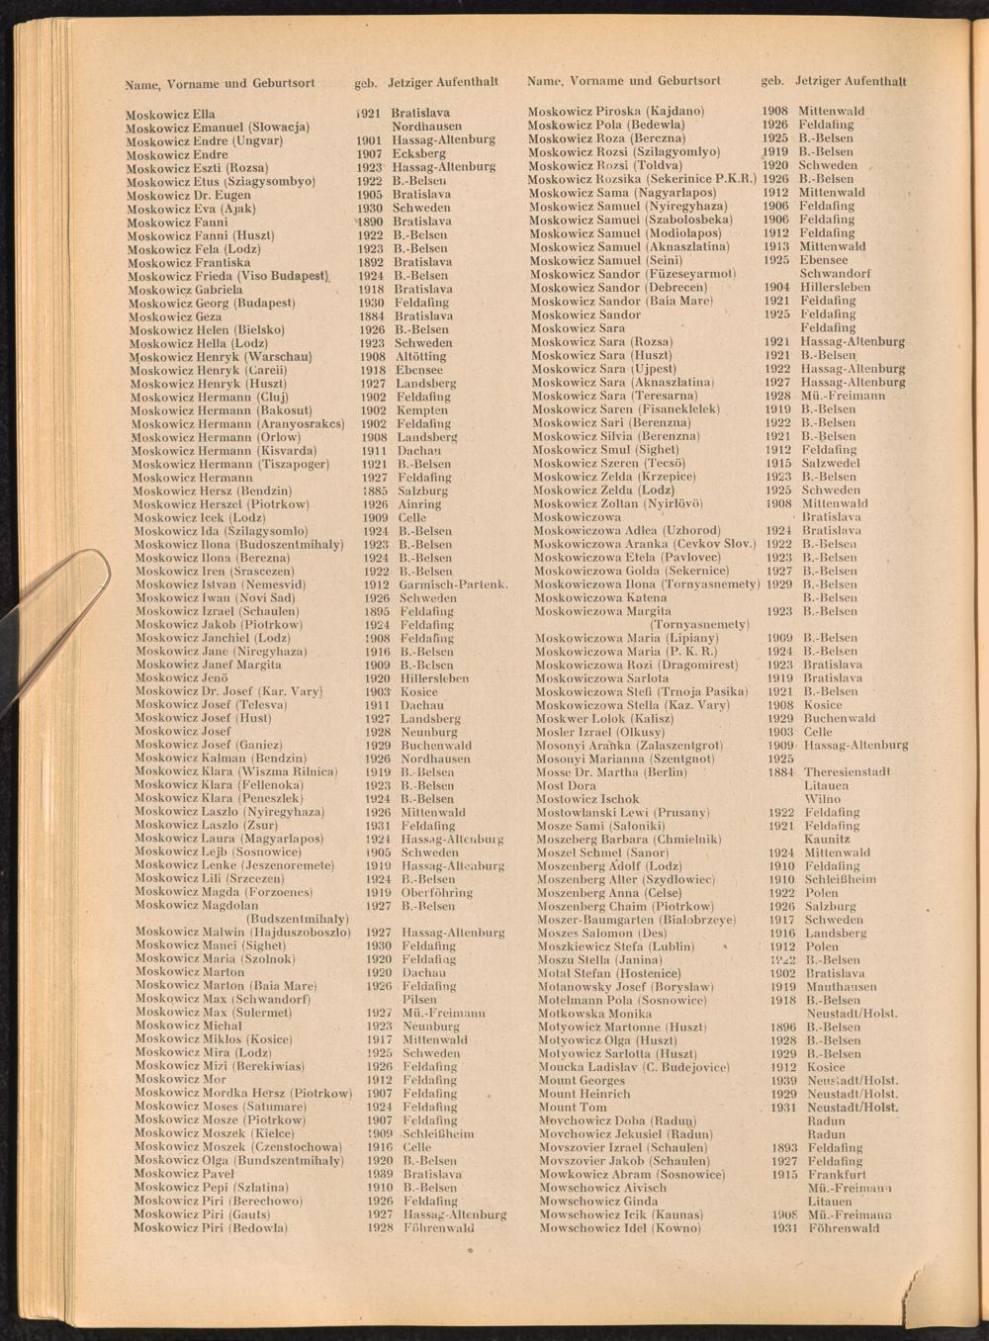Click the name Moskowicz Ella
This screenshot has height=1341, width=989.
click(x=170, y=114)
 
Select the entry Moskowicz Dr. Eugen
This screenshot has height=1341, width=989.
click(x=189, y=195)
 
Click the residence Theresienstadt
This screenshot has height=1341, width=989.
click(x=848, y=772)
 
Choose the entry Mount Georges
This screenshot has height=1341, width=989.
click(x=583, y=1081)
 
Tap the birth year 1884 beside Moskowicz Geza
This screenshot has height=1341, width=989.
click(x=372, y=316)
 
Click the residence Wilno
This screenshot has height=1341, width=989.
click(x=822, y=799)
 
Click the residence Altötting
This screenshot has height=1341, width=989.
click(x=420, y=357)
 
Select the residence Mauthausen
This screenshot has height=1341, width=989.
click(x=841, y=987)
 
